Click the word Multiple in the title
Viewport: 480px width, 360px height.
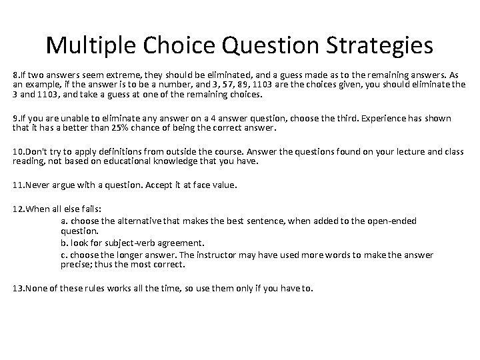91,46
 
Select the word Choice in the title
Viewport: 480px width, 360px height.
179,45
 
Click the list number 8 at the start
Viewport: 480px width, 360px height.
15,75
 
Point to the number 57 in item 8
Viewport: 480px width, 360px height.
228,85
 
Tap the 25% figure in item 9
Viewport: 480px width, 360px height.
120,127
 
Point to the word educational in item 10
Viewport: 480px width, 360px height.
127,161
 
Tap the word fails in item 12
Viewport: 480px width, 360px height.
91,209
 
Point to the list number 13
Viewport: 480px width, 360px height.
18,289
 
